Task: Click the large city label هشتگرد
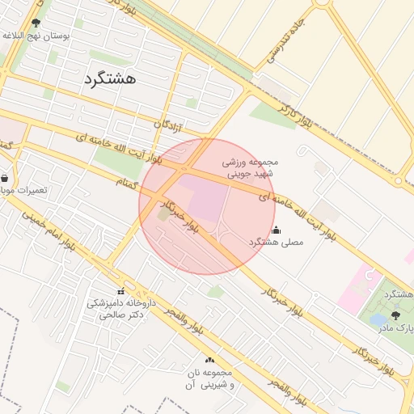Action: pyautogui.click(x=111, y=78)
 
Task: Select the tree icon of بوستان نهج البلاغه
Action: pyautogui.click(x=36, y=24)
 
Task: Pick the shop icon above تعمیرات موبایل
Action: pyautogui.click(x=6, y=178)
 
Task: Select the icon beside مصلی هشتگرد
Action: pyautogui.click(x=277, y=230)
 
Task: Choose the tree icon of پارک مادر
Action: pyautogui.click(x=395, y=316)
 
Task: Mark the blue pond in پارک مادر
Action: pyautogui.click(x=378, y=320)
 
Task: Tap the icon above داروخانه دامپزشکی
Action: pyautogui.click(x=120, y=291)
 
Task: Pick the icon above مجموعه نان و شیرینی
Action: pyautogui.click(x=210, y=360)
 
